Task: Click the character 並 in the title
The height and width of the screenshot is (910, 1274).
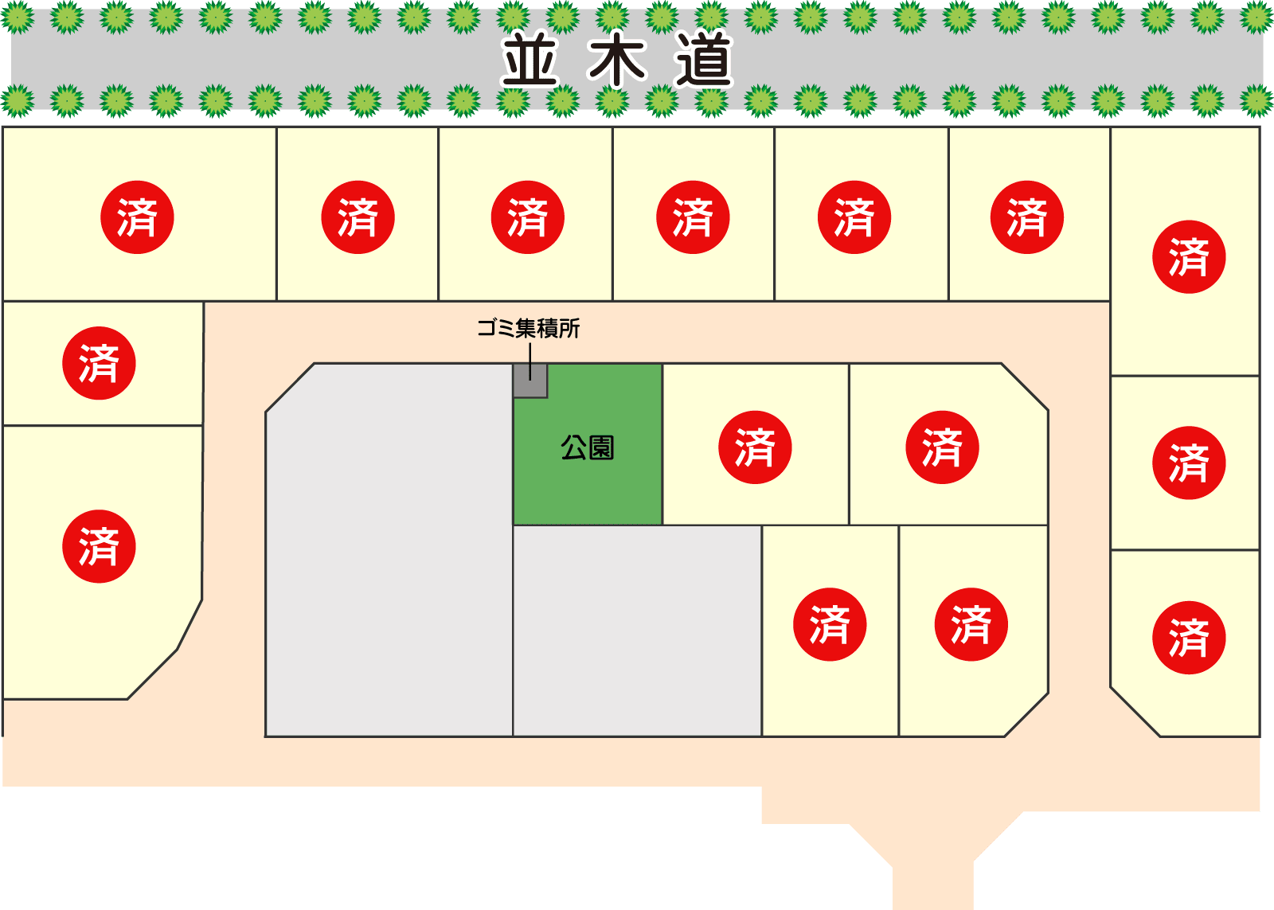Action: click(x=530, y=61)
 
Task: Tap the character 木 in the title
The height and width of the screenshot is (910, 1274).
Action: click(x=617, y=61)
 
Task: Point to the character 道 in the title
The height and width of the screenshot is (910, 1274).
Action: click(x=704, y=61)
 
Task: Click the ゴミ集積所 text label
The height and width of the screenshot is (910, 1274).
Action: click(x=528, y=328)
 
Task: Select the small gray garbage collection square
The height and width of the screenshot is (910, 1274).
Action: click(x=530, y=381)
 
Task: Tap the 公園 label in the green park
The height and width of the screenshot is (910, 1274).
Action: click(x=588, y=447)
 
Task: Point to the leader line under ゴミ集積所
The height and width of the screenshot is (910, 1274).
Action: click(x=530, y=360)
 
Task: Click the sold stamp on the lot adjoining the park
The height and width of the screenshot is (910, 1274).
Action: click(x=755, y=447)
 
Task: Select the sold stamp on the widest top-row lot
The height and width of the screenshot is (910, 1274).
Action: click(x=137, y=217)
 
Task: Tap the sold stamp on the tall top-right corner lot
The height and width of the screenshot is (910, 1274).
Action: click(x=1189, y=257)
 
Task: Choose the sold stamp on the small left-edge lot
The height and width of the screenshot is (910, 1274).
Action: click(x=99, y=363)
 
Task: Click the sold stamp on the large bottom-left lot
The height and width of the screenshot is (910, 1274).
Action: click(x=99, y=546)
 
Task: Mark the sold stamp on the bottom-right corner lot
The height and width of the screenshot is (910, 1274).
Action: click(x=1189, y=638)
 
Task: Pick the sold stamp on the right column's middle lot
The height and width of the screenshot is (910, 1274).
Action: click(x=1189, y=463)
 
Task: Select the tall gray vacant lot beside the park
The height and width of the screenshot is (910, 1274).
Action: click(x=389, y=549)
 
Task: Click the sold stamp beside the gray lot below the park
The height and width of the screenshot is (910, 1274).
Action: click(x=830, y=624)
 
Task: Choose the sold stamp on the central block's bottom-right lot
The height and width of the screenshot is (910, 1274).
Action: click(x=971, y=624)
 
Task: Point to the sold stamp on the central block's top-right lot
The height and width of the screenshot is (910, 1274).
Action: click(x=942, y=447)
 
